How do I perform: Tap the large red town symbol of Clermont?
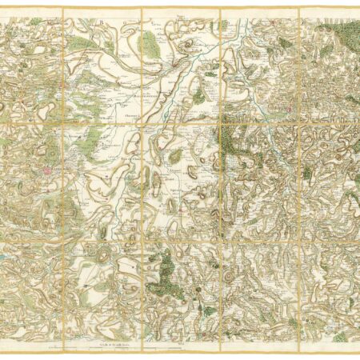coord(49,170)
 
